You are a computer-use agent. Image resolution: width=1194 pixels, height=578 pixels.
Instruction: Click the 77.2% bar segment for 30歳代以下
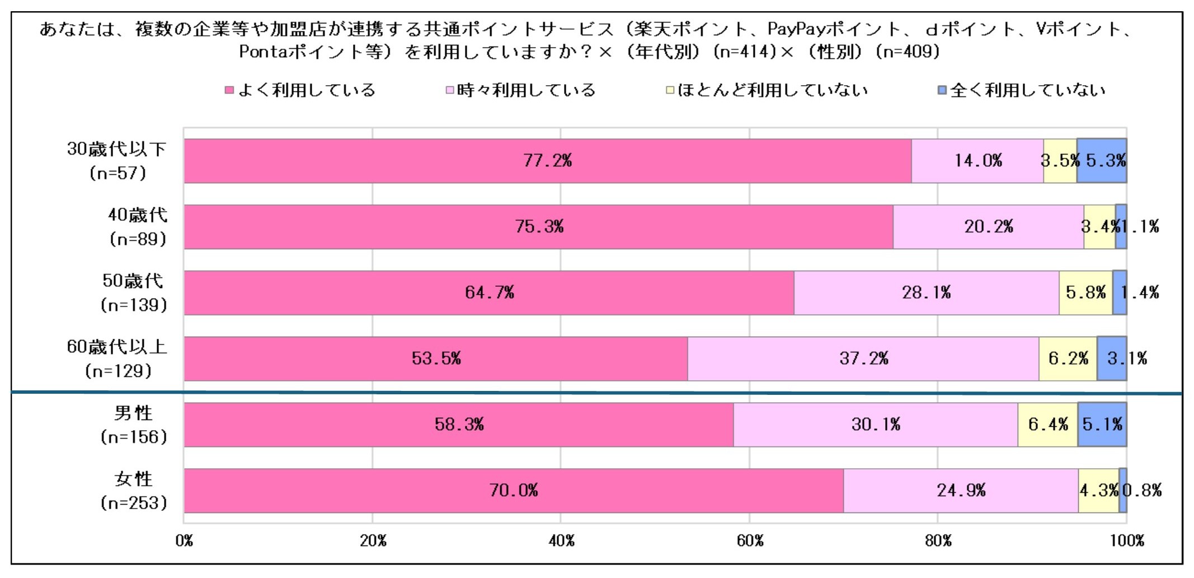[547, 161]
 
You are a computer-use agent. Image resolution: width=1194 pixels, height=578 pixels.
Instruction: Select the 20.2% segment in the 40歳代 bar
[988, 227]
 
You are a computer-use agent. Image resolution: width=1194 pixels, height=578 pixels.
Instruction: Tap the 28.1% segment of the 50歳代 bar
[926, 292]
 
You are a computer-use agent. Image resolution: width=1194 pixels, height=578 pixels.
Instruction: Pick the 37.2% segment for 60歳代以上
[863, 358]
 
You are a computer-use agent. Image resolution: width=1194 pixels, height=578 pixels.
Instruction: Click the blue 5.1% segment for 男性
[1102, 425]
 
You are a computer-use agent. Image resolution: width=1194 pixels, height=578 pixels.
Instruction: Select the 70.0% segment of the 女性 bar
[514, 491]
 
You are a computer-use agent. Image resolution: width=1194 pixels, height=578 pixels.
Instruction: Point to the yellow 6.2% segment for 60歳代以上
[1068, 358]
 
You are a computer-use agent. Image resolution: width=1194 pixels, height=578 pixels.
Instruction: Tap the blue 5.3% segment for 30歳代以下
[1101, 161]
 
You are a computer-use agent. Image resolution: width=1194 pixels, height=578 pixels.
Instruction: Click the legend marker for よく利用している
[229, 90]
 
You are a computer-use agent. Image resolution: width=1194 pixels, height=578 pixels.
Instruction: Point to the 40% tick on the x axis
[561, 540]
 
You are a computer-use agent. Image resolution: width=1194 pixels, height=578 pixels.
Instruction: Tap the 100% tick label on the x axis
[1126, 540]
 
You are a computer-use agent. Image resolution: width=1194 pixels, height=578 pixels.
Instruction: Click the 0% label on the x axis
[184, 540]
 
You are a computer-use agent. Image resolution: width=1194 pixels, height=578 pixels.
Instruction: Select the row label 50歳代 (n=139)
[133, 292]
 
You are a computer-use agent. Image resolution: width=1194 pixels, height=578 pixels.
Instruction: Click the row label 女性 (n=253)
[133, 491]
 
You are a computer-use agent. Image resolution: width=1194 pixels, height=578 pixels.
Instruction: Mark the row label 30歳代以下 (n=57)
[117, 161]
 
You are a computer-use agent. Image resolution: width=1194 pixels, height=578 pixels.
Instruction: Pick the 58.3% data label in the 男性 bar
[459, 425]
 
